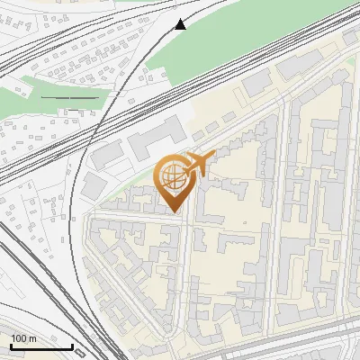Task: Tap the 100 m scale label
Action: (x=23, y=338)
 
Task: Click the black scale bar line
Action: (x=41, y=346)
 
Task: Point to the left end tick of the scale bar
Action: (x=11, y=345)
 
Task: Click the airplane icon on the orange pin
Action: (x=196, y=165)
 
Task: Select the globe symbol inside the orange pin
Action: (x=171, y=177)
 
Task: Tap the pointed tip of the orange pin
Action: (x=172, y=212)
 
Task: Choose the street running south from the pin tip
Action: (x=186, y=270)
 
